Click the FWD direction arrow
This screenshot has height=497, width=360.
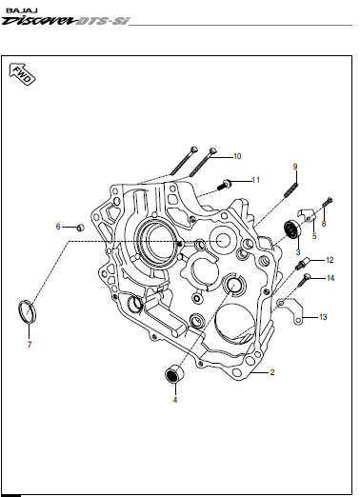click(22, 74)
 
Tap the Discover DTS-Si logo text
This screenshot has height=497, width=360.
click(66, 21)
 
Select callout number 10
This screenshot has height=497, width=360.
click(237, 156)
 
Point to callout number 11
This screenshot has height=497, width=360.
click(255, 180)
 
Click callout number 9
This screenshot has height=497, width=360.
click(295, 167)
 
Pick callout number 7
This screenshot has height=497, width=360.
click(30, 345)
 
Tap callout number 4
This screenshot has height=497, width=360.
click(175, 400)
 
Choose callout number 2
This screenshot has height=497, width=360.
click(272, 372)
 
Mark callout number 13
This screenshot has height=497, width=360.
click(323, 317)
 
